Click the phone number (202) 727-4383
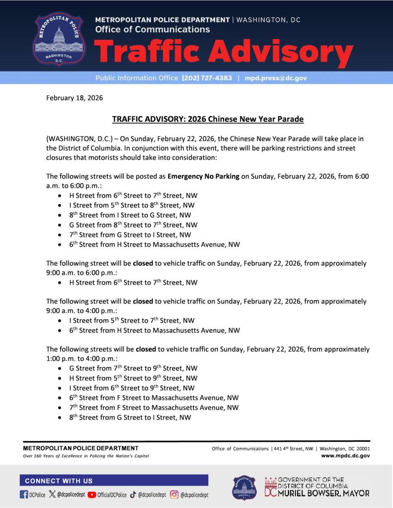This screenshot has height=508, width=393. (x=207, y=78)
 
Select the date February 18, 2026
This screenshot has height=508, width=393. (x=75, y=98)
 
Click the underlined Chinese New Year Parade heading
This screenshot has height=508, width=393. (x=208, y=119)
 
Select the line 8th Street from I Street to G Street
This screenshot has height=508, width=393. (x=130, y=215)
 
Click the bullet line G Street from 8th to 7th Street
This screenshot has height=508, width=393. (x=133, y=225)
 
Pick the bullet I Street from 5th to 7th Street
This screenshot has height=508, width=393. (x=132, y=321)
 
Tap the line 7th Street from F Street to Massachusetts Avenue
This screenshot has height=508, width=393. (x=154, y=408)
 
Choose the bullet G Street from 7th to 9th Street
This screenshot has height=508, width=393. (x=133, y=368)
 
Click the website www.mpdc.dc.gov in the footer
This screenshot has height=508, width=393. (x=345, y=455)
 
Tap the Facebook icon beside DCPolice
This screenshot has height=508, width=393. (x=24, y=495)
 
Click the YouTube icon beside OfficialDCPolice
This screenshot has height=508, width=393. (x=92, y=495)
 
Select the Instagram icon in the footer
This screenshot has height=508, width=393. (x=174, y=495)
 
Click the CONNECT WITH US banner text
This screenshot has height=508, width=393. (x=59, y=481)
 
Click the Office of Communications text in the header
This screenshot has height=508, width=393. (x=152, y=30)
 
